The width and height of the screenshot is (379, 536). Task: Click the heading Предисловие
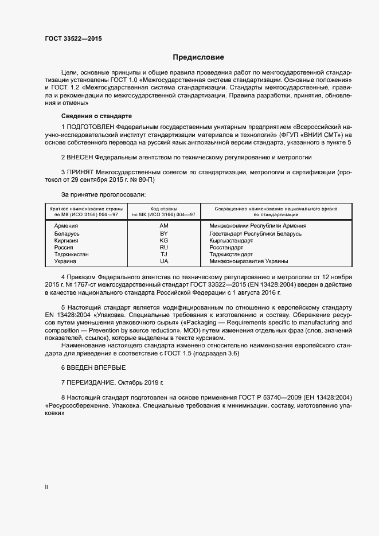198,57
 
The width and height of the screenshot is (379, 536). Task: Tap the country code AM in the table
164,226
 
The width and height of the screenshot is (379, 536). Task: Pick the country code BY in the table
164,233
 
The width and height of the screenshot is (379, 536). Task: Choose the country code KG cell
164,241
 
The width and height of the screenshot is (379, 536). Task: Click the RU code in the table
164,247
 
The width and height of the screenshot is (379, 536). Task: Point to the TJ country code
164,254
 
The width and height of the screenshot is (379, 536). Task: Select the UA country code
164,261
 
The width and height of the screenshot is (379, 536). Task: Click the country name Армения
66,226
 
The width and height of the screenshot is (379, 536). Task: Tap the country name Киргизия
67,241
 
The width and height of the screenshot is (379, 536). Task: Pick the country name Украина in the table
65,261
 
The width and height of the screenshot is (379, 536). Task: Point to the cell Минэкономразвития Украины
249,261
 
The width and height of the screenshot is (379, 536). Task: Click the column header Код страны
164,208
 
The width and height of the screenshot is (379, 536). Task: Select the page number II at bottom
46,488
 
